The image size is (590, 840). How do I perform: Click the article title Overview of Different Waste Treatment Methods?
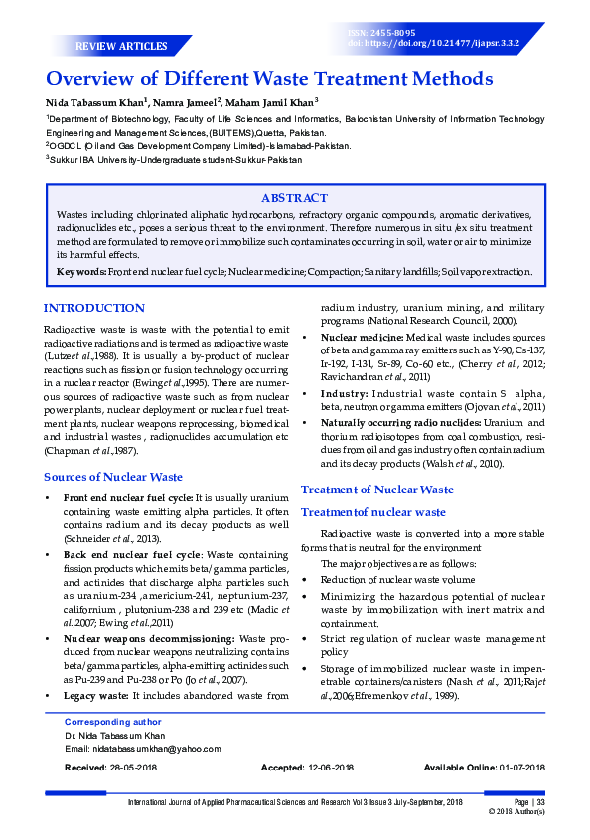point(268,80)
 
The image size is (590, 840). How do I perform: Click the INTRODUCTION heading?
point(94,308)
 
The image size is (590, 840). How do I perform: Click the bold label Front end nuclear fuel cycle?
point(127,497)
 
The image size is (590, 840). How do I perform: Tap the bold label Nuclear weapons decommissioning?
point(149,638)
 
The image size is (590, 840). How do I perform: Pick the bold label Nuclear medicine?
point(363,338)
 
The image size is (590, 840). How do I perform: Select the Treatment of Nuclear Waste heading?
point(377,490)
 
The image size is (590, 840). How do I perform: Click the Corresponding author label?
point(112,722)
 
